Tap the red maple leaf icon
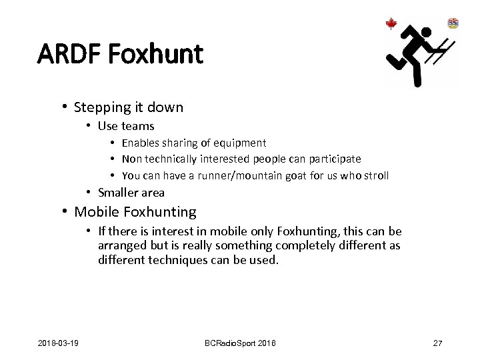(x=391, y=24)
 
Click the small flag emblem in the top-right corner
(x=453, y=23)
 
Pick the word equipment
(x=238, y=143)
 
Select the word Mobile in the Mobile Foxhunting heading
(x=93, y=212)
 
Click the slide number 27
(x=437, y=343)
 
